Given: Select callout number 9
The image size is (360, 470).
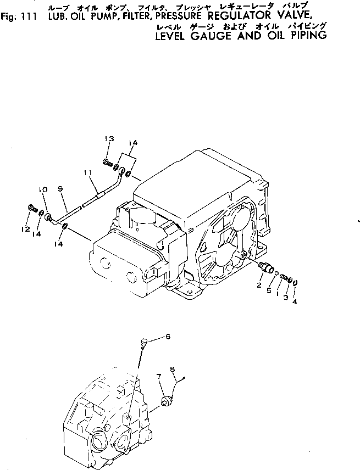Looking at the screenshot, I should coord(60,188).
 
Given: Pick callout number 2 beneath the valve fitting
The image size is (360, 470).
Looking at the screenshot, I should coord(258,286).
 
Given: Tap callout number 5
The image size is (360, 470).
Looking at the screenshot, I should coord(269,290).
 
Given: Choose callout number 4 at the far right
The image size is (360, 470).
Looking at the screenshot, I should coord(296,301).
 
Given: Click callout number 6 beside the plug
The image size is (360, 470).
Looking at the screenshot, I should coord(168,337).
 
